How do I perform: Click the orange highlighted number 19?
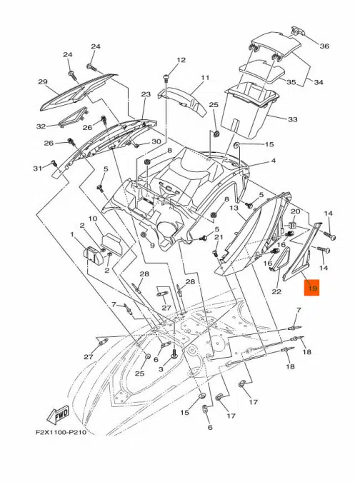point(311,288)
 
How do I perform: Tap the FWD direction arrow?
point(57,416)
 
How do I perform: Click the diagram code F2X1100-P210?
point(61,433)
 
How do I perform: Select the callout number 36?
point(324,46)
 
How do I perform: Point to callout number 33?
point(293,119)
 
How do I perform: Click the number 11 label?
point(205,77)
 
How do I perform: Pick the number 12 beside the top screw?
point(181,60)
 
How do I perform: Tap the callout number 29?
point(43,82)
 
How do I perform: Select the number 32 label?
point(41,126)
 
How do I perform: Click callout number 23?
point(146,94)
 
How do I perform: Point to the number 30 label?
point(156,141)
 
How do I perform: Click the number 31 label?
point(38,168)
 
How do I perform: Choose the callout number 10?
point(93,219)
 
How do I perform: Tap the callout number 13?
point(234,208)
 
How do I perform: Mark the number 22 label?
point(276,291)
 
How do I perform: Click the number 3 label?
point(161,369)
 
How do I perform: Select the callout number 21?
point(219,237)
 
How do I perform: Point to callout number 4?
point(274,161)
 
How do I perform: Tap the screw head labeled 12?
point(166,76)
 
